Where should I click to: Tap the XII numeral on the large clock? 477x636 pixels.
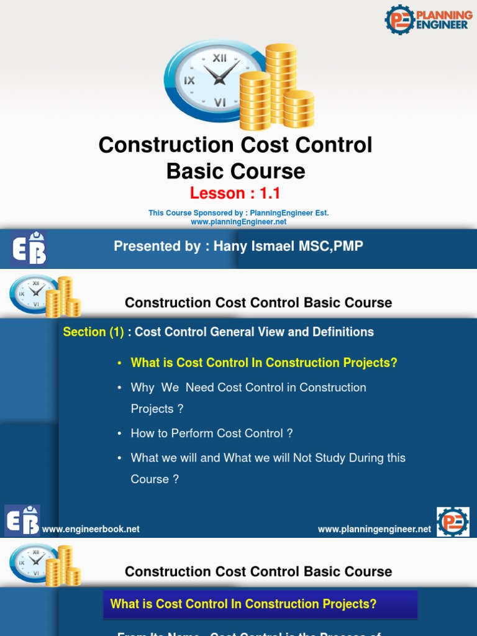coord(219,58)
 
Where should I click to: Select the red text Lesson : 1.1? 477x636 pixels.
coord(235,193)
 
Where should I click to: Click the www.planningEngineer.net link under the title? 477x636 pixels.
coord(238,222)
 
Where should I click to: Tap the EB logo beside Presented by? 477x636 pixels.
coord(29,248)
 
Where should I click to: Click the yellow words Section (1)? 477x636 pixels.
coord(93,332)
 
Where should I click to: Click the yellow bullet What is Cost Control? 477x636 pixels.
coord(263,363)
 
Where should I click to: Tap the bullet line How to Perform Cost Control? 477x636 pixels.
coord(211,434)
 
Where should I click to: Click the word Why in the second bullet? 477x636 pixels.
coord(142,388)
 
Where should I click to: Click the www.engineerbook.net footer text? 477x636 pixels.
coord(91,529)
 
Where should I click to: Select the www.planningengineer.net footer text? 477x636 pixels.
coord(374,529)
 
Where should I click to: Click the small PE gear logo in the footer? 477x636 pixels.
coord(453,522)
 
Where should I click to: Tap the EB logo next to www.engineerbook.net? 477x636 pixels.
coord(22,520)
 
